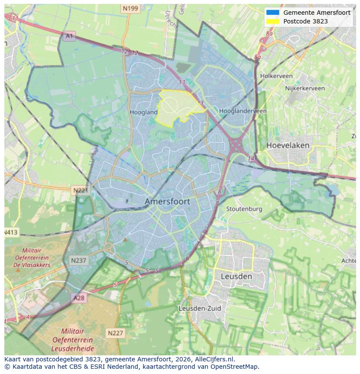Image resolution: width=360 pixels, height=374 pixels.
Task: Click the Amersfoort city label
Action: pyautogui.click(x=167, y=202)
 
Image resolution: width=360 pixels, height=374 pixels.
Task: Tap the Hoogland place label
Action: pyautogui.click(x=143, y=112)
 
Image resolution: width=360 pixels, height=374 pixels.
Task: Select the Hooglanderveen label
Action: pyautogui.click(x=243, y=111)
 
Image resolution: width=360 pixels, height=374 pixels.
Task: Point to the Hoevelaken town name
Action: pyautogui.click(x=288, y=145)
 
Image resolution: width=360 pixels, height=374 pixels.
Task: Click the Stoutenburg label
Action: pyautogui.click(x=244, y=209)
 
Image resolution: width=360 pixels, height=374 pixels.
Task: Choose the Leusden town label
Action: pyautogui.click(x=236, y=276)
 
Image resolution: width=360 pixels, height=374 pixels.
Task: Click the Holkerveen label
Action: pyautogui.click(x=276, y=76)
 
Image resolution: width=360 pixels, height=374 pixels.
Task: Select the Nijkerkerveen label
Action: pyautogui.click(x=305, y=88)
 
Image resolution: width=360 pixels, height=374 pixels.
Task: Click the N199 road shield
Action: pyautogui.click(x=130, y=8)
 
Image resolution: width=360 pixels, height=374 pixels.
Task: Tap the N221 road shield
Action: pyautogui.click(x=80, y=190)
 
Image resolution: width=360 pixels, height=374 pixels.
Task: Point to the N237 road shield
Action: pyautogui.click(x=78, y=260)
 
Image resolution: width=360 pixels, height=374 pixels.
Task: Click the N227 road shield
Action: pyautogui.click(x=115, y=333)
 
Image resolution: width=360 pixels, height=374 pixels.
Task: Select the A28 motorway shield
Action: pyautogui.click(x=79, y=298)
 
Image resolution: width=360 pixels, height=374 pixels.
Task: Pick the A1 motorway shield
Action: pyautogui.click(x=69, y=36)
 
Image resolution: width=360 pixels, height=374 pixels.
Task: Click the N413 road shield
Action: pyautogui.click(x=11, y=232)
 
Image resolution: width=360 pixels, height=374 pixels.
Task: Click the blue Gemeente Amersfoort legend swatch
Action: pyautogui.click(x=273, y=13)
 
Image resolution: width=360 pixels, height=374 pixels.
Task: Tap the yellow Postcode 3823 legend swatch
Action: pyautogui.click(x=273, y=21)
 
